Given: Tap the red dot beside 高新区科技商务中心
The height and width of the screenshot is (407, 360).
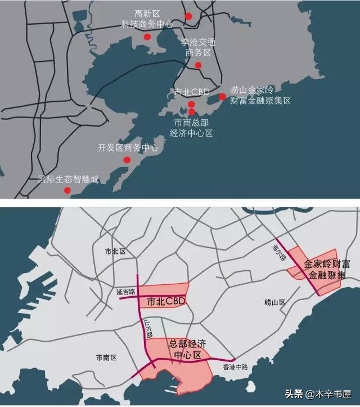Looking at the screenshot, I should click(x=147, y=37).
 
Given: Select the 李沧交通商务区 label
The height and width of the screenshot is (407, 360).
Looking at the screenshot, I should click(x=199, y=47).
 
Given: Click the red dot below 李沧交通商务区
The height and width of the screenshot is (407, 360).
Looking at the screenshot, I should click(x=198, y=65).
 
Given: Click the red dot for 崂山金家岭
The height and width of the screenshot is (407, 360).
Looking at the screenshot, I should click(x=222, y=97).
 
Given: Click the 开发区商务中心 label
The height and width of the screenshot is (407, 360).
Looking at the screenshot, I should click(x=128, y=148).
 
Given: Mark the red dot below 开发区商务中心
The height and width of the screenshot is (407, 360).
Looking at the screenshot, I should click(x=127, y=160).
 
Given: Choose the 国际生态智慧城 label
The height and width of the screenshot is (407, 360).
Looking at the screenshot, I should click(x=68, y=179).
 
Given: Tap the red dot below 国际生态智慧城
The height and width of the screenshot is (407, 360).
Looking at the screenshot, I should click(x=67, y=190).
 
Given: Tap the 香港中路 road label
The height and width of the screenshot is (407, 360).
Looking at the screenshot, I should click(x=235, y=367).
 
